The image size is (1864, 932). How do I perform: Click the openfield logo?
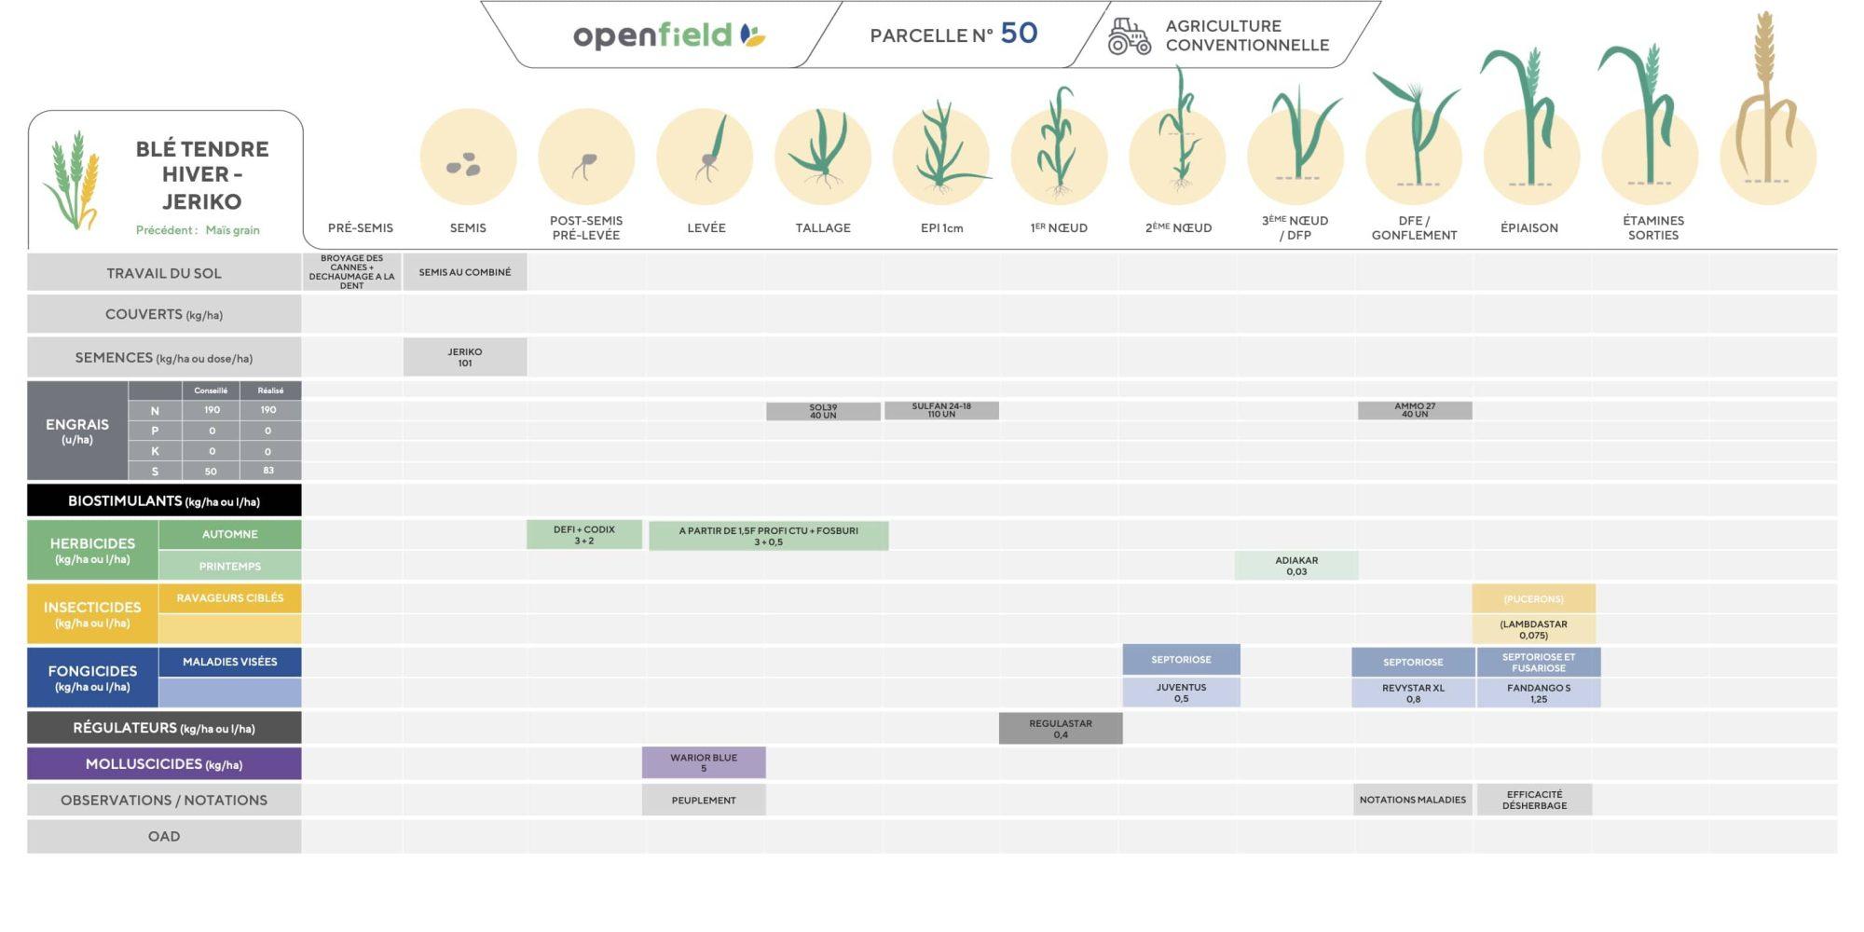[668, 35]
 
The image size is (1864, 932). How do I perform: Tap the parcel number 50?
[1019, 34]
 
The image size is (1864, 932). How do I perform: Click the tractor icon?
[1129, 36]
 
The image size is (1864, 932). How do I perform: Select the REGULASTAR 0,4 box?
[1061, 729]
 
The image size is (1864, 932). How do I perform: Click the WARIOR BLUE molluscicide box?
[704, 762]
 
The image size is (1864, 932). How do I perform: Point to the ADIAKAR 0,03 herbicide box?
[1296, 566]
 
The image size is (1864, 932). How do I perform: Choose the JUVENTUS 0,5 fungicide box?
[1181, 692]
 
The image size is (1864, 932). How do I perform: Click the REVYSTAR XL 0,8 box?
[1413, 693]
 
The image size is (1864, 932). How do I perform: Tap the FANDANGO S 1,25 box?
[1538, 693]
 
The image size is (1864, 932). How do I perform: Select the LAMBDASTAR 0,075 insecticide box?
[1533, 629]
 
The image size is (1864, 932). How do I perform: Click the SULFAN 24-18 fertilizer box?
[941, 410]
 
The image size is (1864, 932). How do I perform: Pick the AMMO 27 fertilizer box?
[1415, 410]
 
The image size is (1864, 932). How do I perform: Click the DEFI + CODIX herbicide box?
[584, 535]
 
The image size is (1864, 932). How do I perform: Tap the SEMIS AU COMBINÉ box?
[465, 272]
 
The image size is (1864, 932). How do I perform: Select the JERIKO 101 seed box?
[465, 357]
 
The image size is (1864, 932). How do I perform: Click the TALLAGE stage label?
[823, 227]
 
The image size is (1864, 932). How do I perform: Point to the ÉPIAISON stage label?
[1529, 227]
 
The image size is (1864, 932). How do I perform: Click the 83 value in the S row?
[268, 471]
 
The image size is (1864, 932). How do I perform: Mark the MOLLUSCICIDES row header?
[164, 764]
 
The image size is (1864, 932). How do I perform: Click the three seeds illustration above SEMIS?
[464, 166]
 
